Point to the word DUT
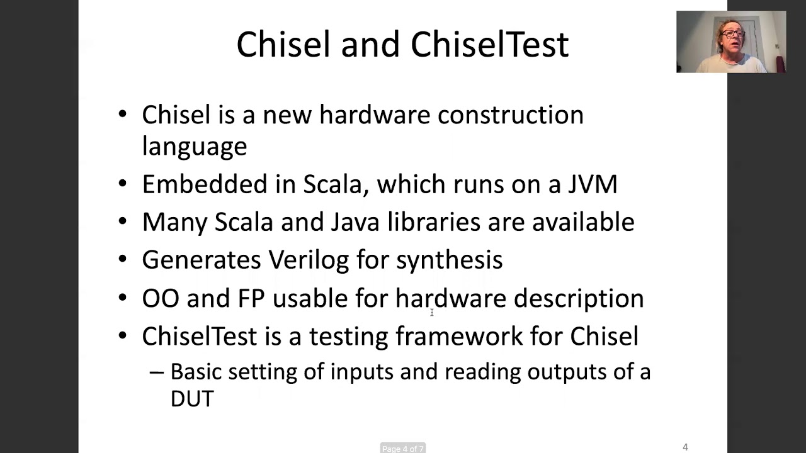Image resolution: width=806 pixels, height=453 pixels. (192, 398)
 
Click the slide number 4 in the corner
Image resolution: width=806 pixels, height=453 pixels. (685, 447)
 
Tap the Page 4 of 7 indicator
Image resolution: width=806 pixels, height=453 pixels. (402, 449)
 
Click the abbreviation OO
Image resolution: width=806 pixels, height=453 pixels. (161, 298)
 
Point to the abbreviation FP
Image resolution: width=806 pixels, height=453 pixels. (251, 298)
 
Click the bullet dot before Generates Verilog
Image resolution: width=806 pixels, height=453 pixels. (122, 260)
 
